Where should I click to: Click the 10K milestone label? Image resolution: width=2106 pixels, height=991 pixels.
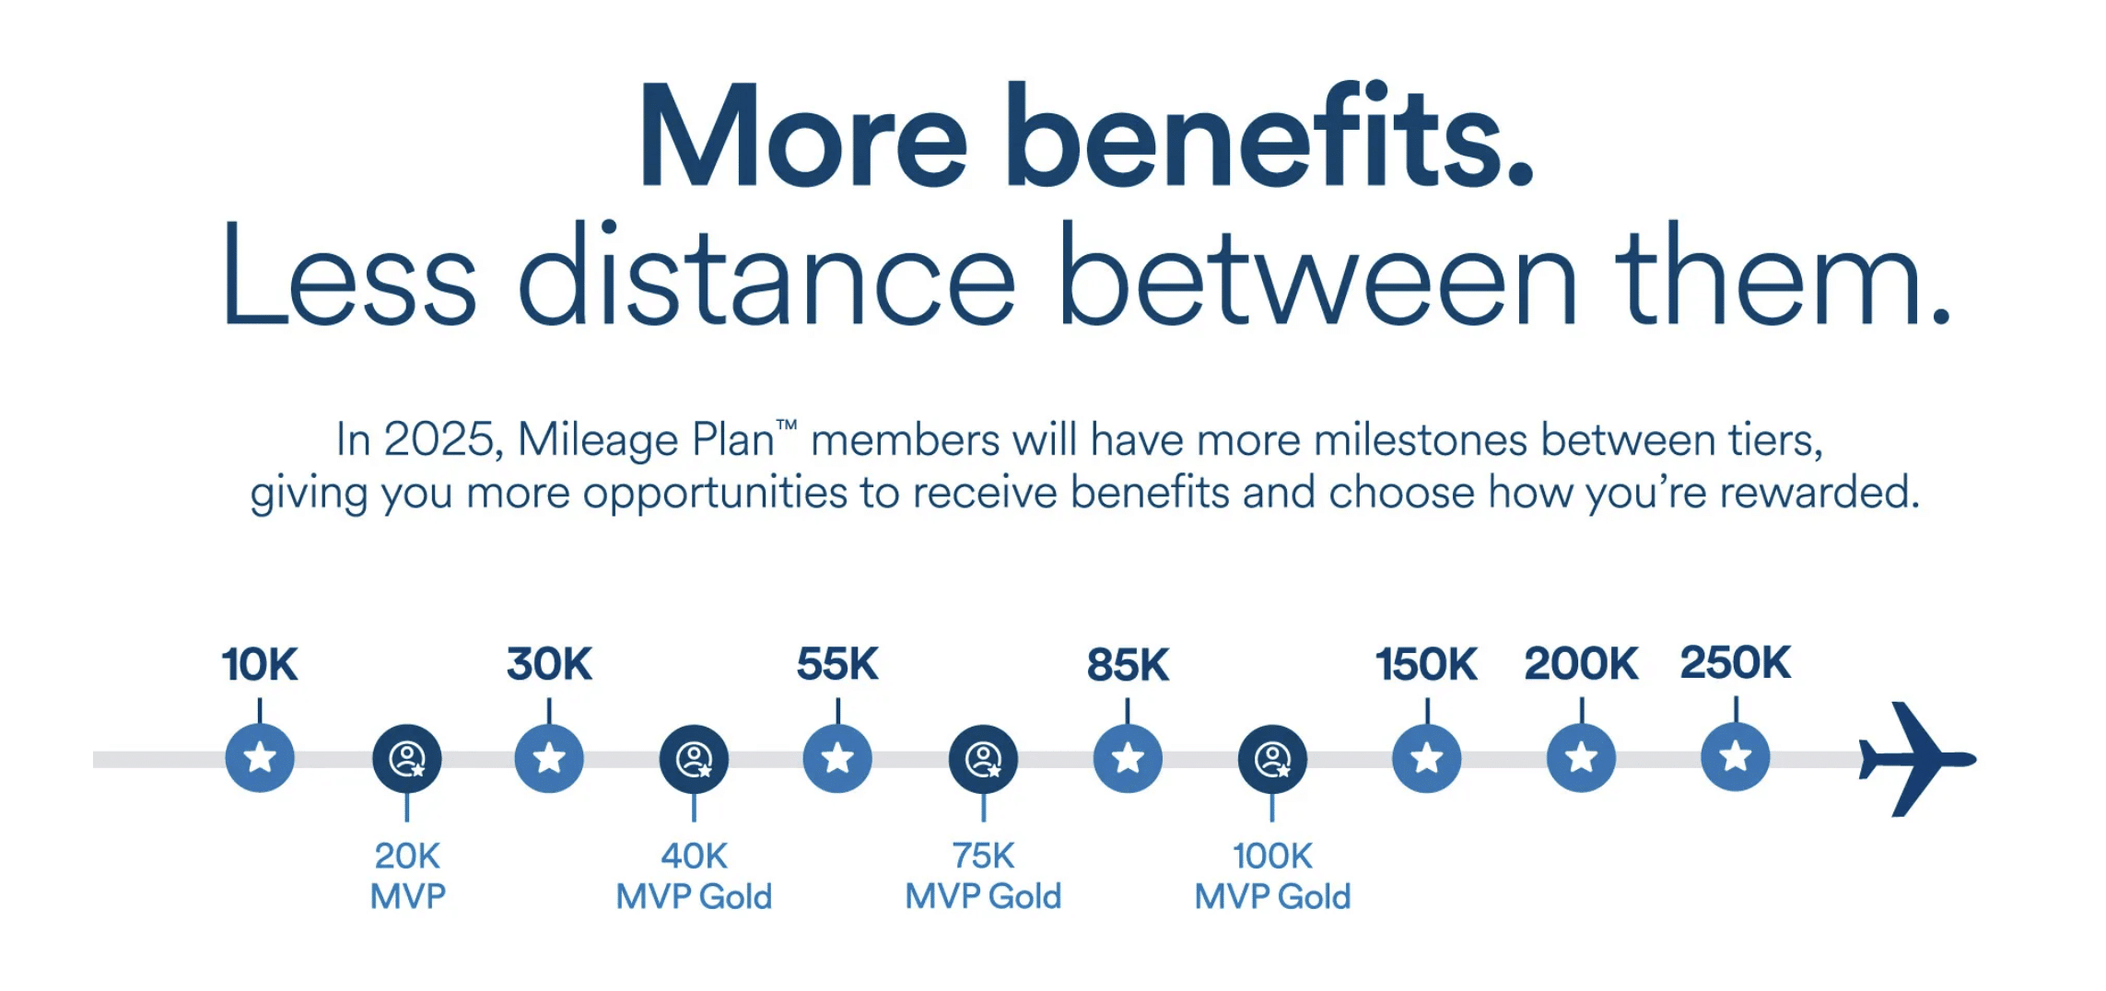pos(260,664)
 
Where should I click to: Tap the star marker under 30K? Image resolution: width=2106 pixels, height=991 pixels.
pos(549,758)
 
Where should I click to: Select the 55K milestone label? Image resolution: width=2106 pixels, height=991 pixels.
pos(837,664)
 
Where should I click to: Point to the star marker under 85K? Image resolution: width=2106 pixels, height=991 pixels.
pos(1128,758)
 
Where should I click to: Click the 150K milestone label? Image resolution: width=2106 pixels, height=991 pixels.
pos(1426,664)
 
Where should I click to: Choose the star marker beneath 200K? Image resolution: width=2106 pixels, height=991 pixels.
pos(1581,758)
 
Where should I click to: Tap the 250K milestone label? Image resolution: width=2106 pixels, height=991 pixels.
pos(1736,663)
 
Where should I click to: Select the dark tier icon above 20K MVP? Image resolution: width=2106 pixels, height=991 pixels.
pos(407,759)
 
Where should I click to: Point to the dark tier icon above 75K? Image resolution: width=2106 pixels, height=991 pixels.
pos(983,759)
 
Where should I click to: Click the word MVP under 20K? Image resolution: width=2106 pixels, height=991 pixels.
pos(407,896)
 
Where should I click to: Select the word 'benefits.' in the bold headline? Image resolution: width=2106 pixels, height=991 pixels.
pos(1270,136)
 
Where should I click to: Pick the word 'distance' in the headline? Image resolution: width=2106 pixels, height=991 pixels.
pos(767,274)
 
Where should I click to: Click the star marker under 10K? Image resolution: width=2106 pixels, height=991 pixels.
pos(260,758)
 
